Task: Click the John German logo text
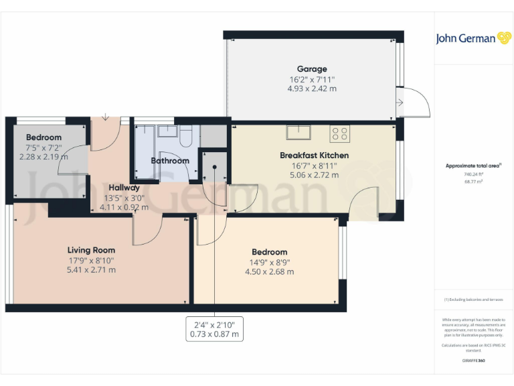coord(466,38)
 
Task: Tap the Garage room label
coord(312,69)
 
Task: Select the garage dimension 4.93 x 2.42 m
coord(312,88)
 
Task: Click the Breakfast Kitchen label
coord(314,155)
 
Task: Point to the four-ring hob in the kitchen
coord(339,134)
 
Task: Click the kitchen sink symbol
coord(298,131)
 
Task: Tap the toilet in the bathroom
coord(186,136)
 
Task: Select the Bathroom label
coord(169,161)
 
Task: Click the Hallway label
coord(124,188)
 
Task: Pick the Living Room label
coord(92,251)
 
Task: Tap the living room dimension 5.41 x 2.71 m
coord(92,270)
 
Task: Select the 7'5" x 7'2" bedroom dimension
coord(44,147)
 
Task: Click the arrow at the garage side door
coord(400,103)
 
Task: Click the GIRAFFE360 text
coord(473,361)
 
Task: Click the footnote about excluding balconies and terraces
coord(473,300)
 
